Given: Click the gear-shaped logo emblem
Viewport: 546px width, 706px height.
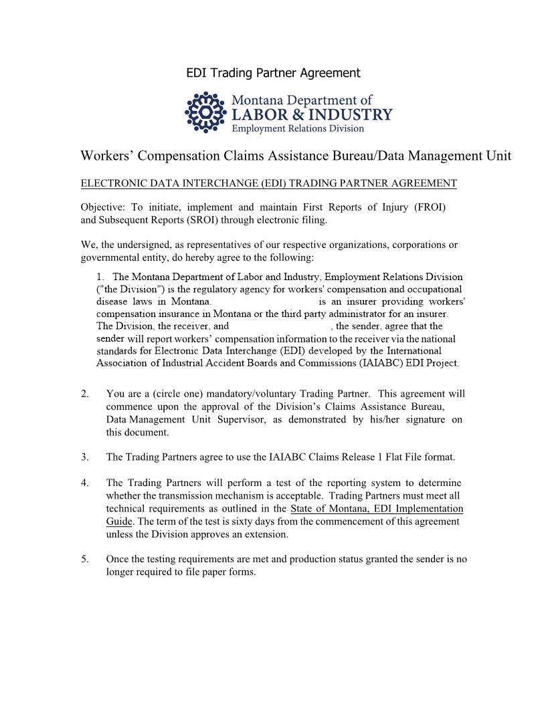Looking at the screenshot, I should point(205,112).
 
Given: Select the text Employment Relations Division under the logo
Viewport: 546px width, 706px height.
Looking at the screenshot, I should point(298,128).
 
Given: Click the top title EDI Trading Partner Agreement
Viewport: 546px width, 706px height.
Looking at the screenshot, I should point(273,73).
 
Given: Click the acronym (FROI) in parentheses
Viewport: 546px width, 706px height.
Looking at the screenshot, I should point(430,207).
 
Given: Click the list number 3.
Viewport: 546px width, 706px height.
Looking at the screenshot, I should point(85,457).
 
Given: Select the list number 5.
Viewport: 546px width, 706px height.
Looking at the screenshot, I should point(85,559).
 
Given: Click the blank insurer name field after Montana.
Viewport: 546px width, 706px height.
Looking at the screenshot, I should point(264,302).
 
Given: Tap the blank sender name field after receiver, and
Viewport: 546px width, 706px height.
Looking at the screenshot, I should point(280,326).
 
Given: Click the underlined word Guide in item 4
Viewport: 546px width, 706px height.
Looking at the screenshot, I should point(118,521).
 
